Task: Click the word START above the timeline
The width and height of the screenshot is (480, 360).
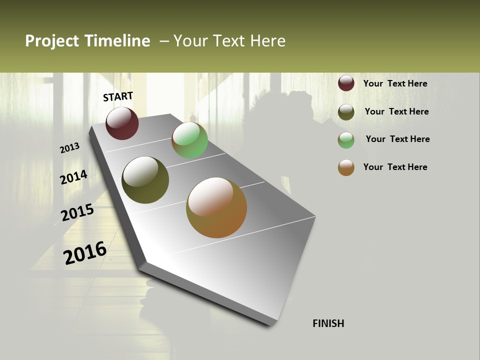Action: [x=118, y=96]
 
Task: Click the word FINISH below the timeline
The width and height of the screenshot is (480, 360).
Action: [x=328, y=323]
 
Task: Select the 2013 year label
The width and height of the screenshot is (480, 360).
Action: [x=70, y=148]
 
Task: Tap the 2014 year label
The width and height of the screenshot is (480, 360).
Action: [x=74, y=177]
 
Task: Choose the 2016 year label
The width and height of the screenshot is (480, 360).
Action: [x=85, y=252]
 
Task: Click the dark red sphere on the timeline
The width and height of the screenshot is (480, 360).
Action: [x=122, y=123]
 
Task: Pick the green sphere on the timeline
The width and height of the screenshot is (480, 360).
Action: [x=189, y=140]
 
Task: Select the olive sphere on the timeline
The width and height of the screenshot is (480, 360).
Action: [x=145, y=180]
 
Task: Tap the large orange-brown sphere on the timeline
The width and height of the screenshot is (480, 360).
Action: [x=216, y=207]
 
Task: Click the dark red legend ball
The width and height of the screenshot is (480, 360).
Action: [x=346, y=83]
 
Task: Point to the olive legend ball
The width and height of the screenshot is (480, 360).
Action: [x=346, y=112]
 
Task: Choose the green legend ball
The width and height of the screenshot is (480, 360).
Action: [x=346, y=140]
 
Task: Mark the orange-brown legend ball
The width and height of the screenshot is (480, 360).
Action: [x=346, y=167]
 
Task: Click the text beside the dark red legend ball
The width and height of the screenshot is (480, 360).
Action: [x=395, y=83]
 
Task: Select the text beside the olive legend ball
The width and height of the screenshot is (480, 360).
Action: [x=396, y=111]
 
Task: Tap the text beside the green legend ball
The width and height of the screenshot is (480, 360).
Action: [x=397, y=139]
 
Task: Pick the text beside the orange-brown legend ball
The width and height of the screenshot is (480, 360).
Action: [x=395, y=167]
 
